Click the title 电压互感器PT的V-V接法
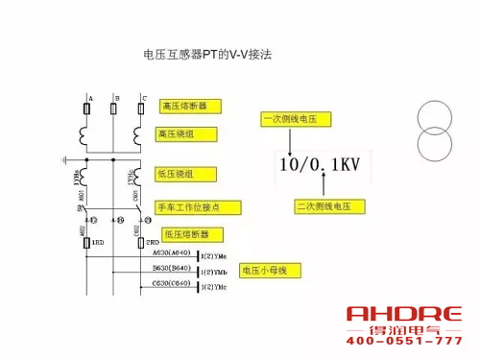click(206, 55)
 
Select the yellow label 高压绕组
click(181, 134)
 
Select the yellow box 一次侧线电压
click(296, 119)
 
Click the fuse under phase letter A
click(88, 111)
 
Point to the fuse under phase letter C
click(142, 111)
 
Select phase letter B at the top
click(115, 99)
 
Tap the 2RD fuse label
click(154, 243)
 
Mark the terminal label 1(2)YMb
click(213, 273)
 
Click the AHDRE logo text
click(403, 315)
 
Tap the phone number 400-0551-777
click(403, 342)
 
